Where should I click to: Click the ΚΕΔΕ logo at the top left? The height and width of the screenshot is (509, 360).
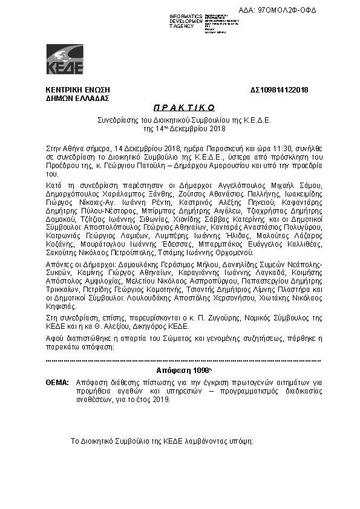65,59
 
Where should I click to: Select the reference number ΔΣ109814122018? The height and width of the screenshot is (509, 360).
280,90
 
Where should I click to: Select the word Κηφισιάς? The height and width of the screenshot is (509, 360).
62,306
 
